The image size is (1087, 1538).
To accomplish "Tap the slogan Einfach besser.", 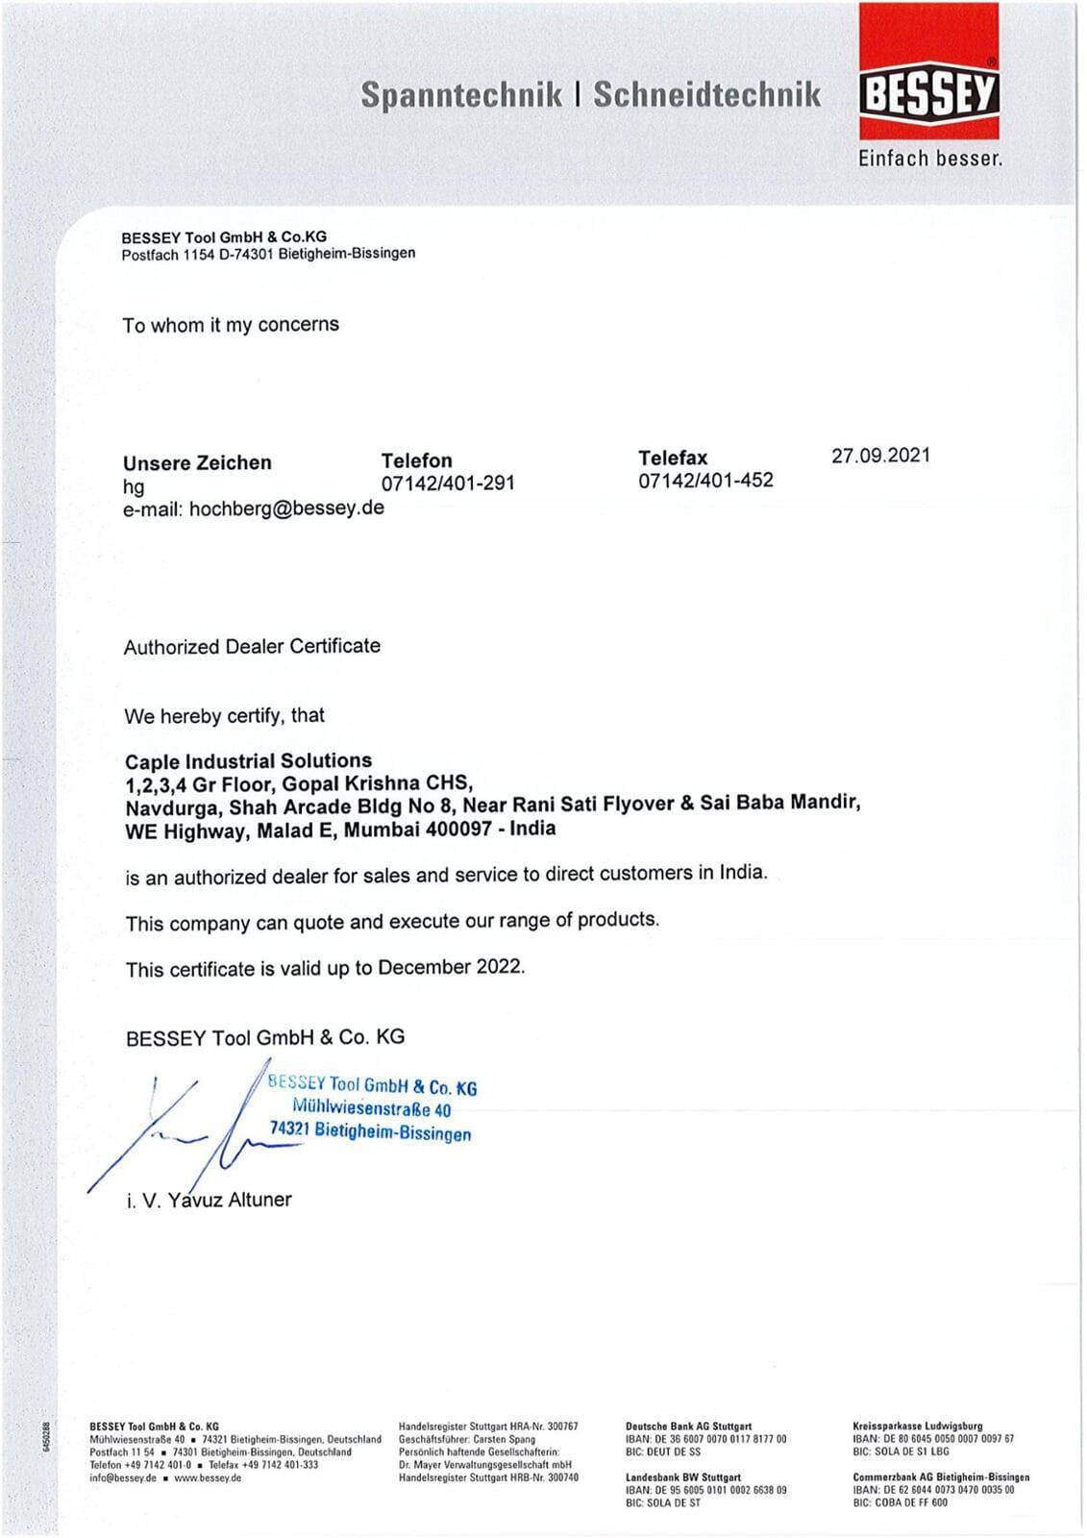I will [x=929, y=159].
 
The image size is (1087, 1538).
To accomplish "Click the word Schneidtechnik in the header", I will [x=706, y=94].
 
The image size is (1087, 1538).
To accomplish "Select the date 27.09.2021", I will [x=880, y=456].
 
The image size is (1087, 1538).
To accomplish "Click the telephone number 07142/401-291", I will [x=448, y=483].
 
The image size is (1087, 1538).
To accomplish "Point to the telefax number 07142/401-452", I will [x=705, y=480].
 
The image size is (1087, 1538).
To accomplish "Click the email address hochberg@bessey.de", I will [x=286, y=509].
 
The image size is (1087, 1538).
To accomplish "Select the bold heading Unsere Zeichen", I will [x=197, y=463].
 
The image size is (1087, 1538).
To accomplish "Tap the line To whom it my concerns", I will [x=231, y=325].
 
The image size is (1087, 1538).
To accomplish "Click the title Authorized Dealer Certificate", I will [x=252, y=646].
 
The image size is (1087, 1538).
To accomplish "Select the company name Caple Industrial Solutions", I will [x=248, y=761].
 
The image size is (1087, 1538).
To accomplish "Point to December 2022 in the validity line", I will [x=451, y=967].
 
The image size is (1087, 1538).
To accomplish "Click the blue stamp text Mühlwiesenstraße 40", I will [x=372, y=1108].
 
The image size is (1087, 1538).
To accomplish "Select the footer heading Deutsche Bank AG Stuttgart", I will [x=688, y=1426].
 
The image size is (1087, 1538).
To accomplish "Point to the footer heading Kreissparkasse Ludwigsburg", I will [x=917, y=1426].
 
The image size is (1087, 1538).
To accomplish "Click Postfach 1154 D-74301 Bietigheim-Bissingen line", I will [x=268, y=254].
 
